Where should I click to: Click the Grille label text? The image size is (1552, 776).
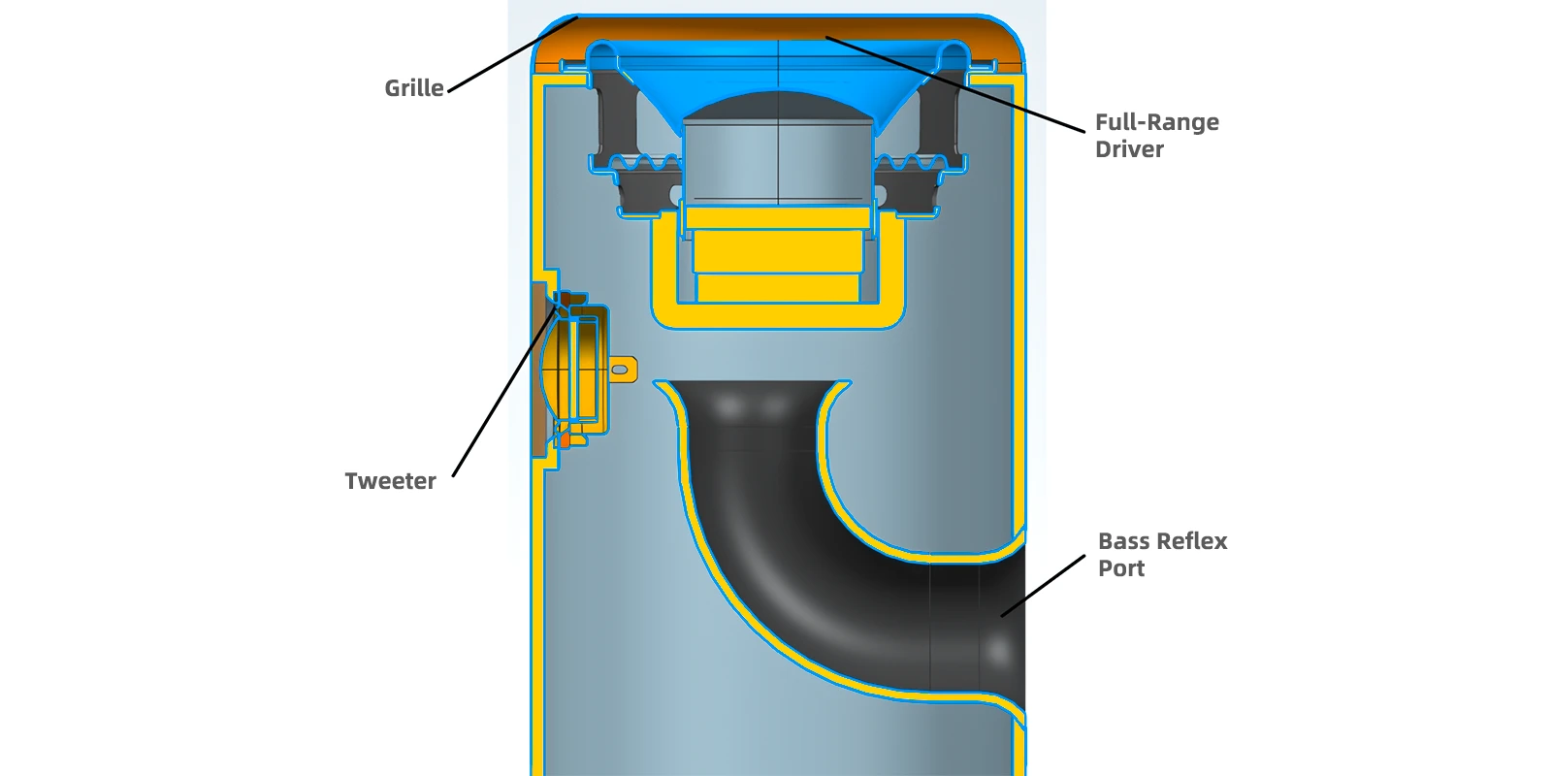[413, 88]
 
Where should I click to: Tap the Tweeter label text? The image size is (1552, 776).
[390, 481]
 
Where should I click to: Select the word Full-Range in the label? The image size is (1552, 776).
[1156, 122]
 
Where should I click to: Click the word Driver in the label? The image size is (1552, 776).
[1129, 149]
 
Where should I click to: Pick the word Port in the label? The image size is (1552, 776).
[1121, 568]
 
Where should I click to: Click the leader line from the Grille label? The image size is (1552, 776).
[513, 54]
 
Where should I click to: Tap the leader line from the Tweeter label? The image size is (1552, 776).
[503, 393]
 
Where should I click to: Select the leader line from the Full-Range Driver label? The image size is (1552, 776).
[954, 83]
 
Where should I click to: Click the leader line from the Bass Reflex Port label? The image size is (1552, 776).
[1043, 586]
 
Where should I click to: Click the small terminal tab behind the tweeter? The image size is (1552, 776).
[623, 370]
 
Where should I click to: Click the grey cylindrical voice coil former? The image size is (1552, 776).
[777, 163]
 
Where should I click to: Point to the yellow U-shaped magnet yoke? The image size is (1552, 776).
[777, 315]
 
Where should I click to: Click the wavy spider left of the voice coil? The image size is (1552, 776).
[644, 164]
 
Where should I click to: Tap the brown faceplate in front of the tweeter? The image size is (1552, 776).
[538, 370]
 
